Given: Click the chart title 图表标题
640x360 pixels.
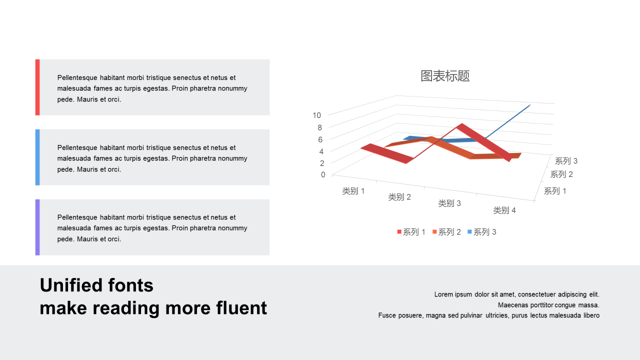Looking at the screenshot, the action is point(445,76).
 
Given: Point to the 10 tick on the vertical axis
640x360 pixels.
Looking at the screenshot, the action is point(316,115).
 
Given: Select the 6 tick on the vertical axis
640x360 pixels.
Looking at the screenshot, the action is point(320,139).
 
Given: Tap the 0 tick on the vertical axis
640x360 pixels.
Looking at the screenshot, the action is point(323,174).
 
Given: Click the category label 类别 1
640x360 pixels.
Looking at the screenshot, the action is point(353,191).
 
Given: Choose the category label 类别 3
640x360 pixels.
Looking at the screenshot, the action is point(449,203).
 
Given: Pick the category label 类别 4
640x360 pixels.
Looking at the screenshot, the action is point(504,210).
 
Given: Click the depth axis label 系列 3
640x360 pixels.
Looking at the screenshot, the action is point(566,161).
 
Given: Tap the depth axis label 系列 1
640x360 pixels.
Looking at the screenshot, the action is point(555,191).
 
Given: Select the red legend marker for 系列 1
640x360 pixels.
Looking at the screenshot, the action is point(399,231).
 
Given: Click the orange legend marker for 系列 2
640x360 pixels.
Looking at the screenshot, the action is point(434,231).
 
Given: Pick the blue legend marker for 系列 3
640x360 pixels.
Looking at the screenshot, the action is point(469,231).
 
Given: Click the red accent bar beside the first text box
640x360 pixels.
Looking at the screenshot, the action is point(37,87).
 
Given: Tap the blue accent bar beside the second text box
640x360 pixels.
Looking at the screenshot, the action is point(37,157).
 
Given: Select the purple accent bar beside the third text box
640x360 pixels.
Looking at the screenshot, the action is point(37,227).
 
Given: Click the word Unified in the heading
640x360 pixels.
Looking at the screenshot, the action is point(71,285).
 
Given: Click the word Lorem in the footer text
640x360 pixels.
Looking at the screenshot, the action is point(443,294).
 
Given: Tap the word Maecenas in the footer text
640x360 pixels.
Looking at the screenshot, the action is point(513,305).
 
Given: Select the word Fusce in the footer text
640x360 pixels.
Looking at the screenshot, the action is point(387,315).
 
